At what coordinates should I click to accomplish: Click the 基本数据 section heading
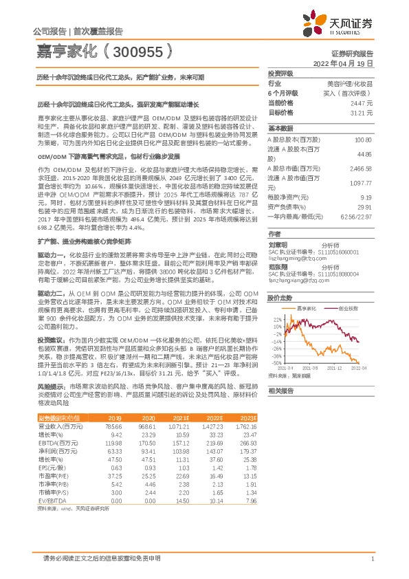[281, 129]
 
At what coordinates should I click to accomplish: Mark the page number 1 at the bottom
[372, 559]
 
